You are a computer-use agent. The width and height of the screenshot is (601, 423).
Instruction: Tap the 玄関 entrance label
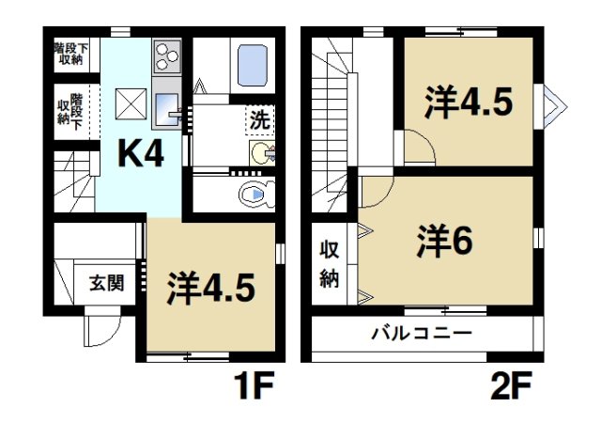pyautogui.click(x=106, y=283)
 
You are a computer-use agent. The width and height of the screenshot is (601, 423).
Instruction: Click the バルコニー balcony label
pyautogui.click(x=422, y=333)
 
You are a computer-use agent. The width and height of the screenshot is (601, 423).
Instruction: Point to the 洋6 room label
pyautogui.click(x=443, y=243)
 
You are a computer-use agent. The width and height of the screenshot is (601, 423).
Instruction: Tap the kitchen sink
pyautogui.click(x=169, y=105)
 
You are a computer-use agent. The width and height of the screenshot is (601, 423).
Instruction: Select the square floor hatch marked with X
pyautogui.click(x=130, y=101)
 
